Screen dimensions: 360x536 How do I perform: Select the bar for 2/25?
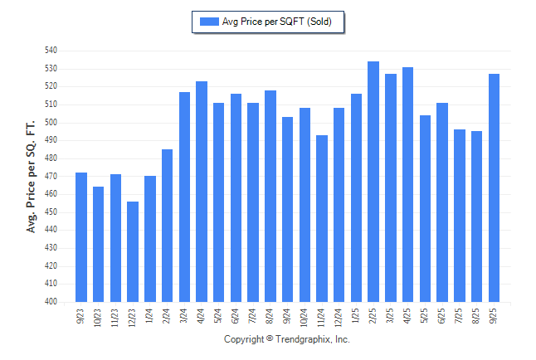coord(373,182)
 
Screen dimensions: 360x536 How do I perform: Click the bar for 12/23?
coord(133,251)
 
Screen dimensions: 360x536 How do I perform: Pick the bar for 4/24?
coord(202,192)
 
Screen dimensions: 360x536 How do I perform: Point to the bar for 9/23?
coord(81,237)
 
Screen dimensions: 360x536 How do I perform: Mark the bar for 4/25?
coord(408,184)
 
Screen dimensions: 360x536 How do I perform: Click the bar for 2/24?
coord(168,226)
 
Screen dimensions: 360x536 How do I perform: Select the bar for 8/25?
coord(477,216)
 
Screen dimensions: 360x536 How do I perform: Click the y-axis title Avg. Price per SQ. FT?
coord(32,176)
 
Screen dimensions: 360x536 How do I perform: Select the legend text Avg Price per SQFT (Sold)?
coord(277,22)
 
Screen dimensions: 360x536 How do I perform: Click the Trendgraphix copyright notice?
coord(287,339)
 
